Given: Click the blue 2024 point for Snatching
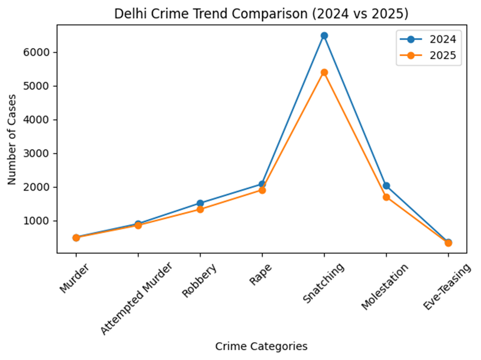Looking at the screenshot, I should pos(324,36).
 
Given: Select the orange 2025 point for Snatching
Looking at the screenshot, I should pos(324,73).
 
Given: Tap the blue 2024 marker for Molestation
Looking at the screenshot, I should pos(386,186).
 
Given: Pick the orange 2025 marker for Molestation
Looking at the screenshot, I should pos(386,197).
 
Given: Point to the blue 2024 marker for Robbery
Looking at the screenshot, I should pos(200,203).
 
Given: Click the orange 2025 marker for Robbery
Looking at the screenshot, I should pos(200,209).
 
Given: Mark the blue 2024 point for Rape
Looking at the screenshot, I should pos(262,184).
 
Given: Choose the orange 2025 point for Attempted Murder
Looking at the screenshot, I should pos(138,225).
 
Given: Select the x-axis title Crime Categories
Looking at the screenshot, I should pos(261,347).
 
